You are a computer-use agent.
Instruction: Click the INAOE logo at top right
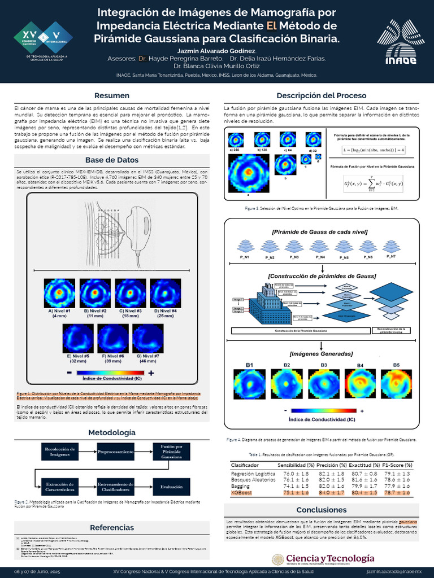point(402,40)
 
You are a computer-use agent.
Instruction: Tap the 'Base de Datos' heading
point(111,159)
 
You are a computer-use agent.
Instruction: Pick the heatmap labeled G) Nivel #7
point(147,339)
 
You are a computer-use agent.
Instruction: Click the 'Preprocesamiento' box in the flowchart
point(115,453)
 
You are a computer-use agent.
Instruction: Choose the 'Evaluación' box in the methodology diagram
point(171,486)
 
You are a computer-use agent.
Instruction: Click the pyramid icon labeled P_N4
point(320,246)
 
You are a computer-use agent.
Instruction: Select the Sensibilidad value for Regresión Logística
point(296,474)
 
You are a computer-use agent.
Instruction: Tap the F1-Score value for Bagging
point(397,486)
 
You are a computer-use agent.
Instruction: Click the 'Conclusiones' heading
point(321,510)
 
